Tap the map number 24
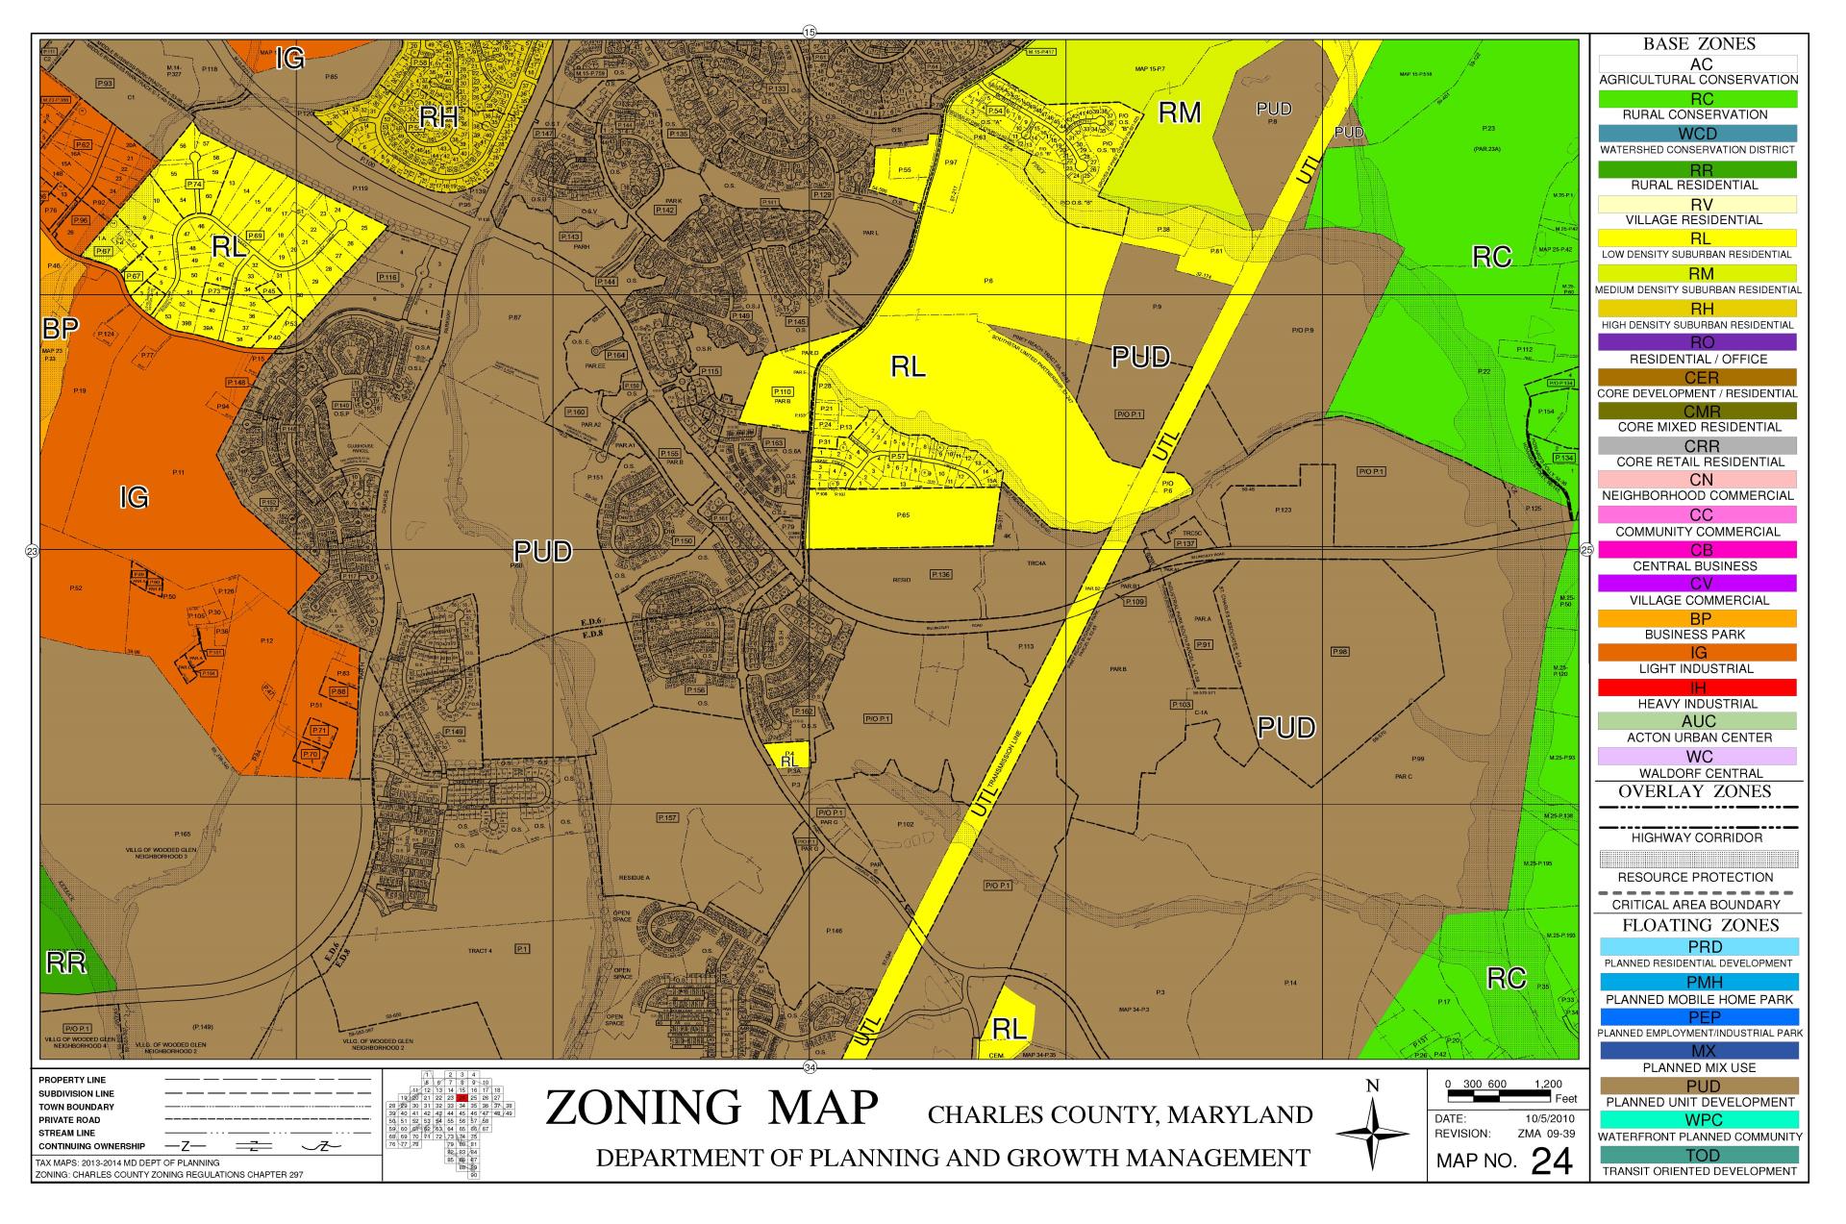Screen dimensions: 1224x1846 [x=1551, y=1162]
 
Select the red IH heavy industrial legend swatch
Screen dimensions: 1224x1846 [x=1698, y=687]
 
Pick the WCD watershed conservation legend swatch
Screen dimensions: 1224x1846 [x=1698, y=133]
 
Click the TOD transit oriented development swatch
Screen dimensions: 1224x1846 [x=1698, y=1155]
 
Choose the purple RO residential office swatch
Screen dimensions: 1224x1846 [x=1698, y=342]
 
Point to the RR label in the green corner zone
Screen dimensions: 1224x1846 [x=66, y=963]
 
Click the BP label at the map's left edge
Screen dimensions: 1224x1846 [x=59, y=329]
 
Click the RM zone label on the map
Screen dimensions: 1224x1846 [x=1179, y=113]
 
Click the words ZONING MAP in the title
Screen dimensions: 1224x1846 [x=711, y=1109]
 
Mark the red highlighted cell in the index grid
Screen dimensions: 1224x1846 [x=462, y=1097]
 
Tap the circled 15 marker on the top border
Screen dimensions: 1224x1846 [x=809, y=32]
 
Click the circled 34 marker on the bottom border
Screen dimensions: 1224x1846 [x=809, y=1068]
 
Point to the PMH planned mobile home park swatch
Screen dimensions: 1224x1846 [x=1698, y=982]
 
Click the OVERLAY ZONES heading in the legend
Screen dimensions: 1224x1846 [x=1694, y=791]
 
